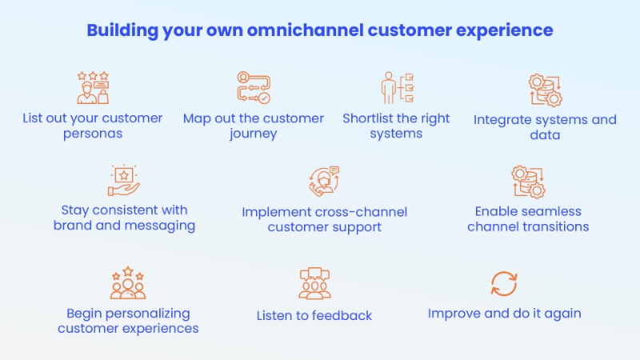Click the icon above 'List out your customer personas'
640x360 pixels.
92,87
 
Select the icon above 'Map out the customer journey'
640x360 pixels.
253,88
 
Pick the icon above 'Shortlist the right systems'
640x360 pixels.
396,88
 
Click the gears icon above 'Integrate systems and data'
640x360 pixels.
545,90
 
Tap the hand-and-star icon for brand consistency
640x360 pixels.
124,181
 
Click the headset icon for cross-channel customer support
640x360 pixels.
324,182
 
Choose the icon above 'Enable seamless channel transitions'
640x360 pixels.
528,182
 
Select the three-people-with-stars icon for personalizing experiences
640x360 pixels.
128,283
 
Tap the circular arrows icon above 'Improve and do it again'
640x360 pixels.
504,283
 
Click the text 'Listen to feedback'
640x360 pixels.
314,316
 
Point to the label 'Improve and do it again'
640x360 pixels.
504,313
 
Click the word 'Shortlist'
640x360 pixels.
370,118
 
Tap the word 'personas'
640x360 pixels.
93,134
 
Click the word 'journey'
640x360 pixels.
253,134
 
